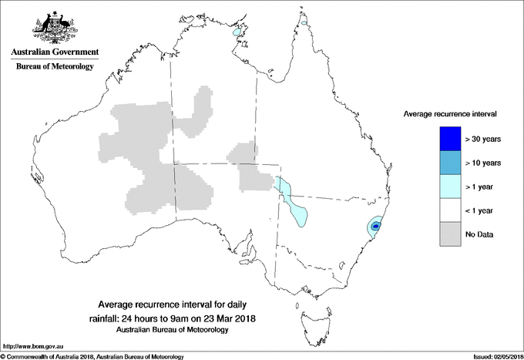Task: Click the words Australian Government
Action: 54,52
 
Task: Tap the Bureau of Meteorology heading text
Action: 54,67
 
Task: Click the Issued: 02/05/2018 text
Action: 493,356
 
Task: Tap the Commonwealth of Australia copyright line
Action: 92,356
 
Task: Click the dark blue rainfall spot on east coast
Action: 375,227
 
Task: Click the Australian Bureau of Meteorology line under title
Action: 173,330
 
